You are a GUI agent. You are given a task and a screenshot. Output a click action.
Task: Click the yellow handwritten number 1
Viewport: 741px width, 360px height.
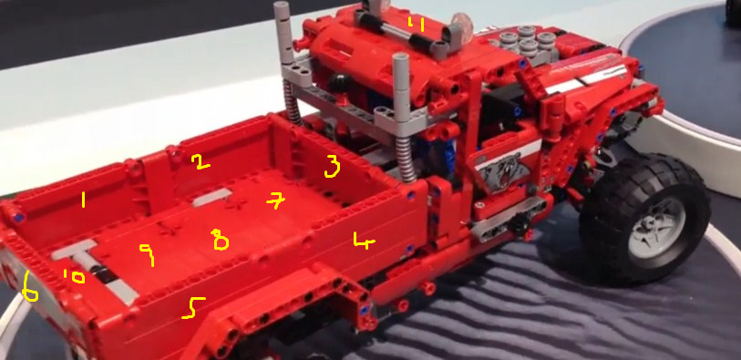(84, 200)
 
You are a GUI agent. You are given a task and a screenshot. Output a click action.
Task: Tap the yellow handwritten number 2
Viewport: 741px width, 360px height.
(201, 162)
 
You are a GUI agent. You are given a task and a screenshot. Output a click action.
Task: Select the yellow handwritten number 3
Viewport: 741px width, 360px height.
(333, 168)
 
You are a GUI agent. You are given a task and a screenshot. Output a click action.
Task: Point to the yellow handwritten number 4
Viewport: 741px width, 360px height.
(364, 241)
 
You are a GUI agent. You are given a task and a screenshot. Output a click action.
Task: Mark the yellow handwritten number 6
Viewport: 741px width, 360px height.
(30, 287)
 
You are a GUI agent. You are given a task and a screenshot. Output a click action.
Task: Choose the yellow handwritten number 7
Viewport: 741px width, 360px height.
(276, 201)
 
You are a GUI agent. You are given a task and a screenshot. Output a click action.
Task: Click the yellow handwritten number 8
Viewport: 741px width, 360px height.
(221, 240)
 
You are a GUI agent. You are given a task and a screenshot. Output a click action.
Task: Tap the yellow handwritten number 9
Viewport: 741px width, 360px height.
(148, 254)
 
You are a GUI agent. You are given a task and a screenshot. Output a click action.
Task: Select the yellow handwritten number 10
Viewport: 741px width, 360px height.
(74, 276)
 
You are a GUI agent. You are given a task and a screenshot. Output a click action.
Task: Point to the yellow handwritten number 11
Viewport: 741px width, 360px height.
(416, 24)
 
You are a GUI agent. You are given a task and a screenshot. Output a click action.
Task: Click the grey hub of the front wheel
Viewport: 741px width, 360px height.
(657, 226)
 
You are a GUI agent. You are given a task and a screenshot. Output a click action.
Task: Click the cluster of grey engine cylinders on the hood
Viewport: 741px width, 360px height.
(525, 43)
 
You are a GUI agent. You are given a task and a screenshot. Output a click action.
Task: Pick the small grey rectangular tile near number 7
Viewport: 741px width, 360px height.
(211, 197)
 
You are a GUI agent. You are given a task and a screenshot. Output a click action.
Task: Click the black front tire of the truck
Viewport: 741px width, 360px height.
(645, 220)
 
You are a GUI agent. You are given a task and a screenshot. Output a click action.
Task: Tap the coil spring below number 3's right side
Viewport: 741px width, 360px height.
(406, 159)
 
